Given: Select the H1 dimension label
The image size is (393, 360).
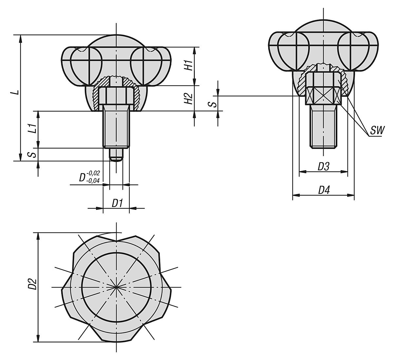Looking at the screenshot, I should pyautogui.click(x=188, y=66).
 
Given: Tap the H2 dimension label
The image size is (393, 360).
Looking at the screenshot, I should pyautogui.click(x=188, y=98).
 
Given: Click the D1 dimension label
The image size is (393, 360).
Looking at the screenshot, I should pyautogui.click(x=117, y=204).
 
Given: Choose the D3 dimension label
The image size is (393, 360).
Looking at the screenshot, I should pyautogui.click(x=324, y=167).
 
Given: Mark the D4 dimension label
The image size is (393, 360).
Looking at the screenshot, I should pyautogui.click(x=324, y=190).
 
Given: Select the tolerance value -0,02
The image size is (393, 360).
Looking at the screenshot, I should pyautogui.click(x=94, y=173).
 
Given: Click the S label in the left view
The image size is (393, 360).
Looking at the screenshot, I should pyautogui.click(x=32, y=154).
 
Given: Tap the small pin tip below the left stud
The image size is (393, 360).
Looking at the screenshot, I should pyautogui.click(x=116, y=154).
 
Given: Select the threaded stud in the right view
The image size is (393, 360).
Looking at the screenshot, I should pyautogui.click(x=323, y=126).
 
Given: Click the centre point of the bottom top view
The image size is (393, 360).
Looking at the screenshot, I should pyautogui.click(x=116, y=288).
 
